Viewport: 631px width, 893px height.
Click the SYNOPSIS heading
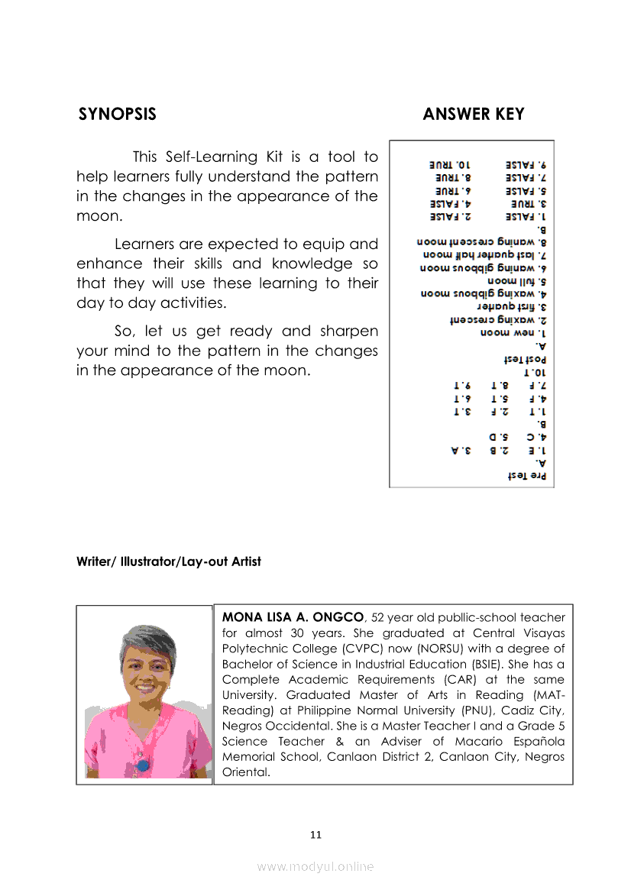coord(117,115)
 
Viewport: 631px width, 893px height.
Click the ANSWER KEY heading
coord(473,115)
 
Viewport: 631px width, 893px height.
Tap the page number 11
coord(315,834)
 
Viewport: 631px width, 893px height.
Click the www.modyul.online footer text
coord(315,866)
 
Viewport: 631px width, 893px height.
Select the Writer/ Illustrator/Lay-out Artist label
coord(169,561)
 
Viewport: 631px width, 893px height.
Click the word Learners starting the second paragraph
coord(147,244)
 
